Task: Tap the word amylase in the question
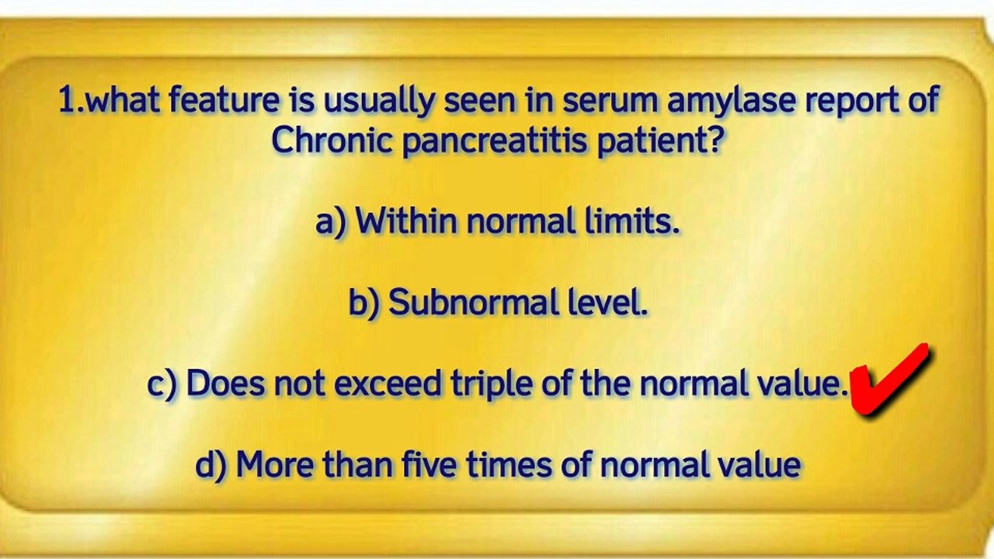pyautogui.click(x=731, y=101)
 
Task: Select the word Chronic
pyautogui.click(x=332, y=139)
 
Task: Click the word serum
pyautogui.click(x=610, y=100)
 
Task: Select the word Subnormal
pyautogui.click(x=474, y=302)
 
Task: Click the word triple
pyautogui.click(x=492, y=384)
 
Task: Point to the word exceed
pyautogui.click(x=388, y=384)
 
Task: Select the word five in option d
pyautogui.click(x=429, y=464)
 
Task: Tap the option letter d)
pyautogui.click(x=211, y=465)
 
